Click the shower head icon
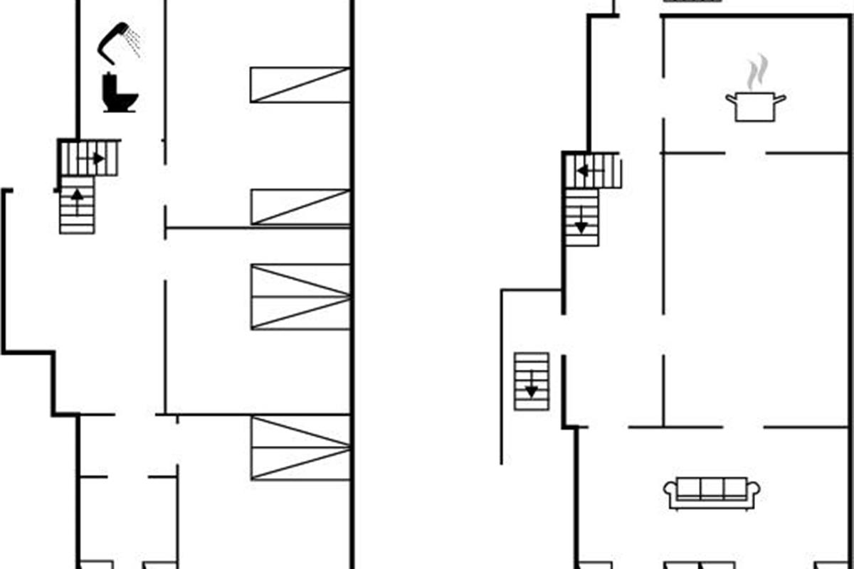tap(114, 40)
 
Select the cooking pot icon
tap(755, 106)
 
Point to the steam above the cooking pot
tap(758, 72)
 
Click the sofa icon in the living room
tap(712, 493)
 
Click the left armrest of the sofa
tap(670, 492)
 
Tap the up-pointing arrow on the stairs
tap(77, 195)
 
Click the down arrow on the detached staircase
tap(531, 389)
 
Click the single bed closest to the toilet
tap(300, 85)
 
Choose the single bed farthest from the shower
tap(300, 207)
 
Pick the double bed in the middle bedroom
tap(300, 297)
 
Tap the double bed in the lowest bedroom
tap(300, 448)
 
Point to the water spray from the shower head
tap(133, 43)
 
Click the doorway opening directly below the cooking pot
tap(745, 153)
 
